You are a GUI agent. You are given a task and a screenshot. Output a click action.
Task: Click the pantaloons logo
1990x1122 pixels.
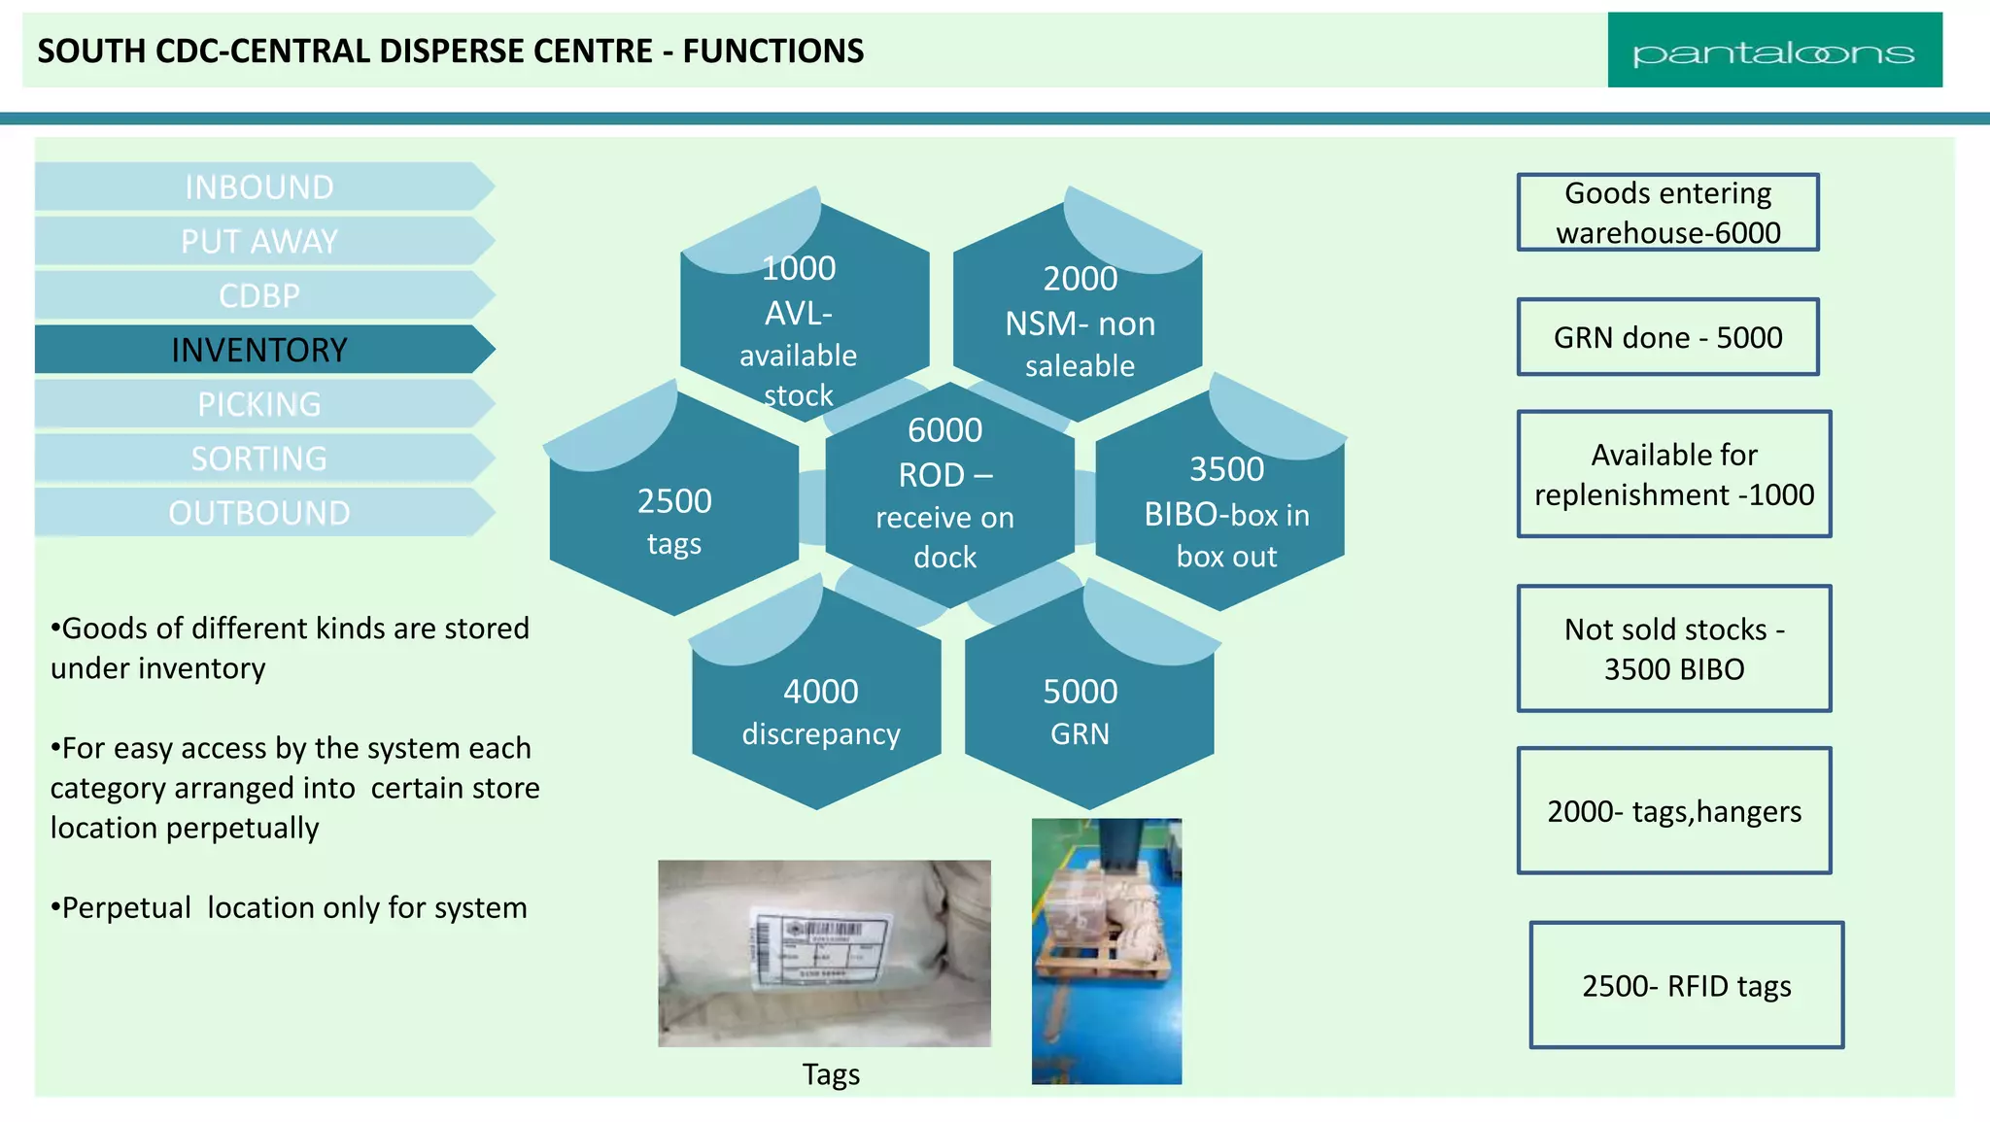tap(1773, 51)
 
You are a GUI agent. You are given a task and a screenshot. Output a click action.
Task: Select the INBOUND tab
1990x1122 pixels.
tap(259, 187)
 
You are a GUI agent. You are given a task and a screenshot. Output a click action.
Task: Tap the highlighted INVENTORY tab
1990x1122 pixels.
tap(259, 350)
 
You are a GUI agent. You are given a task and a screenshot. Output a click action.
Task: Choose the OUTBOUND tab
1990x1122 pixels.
tap(259, 513)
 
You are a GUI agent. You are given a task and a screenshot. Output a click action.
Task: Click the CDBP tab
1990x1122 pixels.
tap(259, 295)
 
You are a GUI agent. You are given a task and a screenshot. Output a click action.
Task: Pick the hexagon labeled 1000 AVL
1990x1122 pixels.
tap(799, 321)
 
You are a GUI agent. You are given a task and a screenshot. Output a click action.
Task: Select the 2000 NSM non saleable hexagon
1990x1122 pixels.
tap(1080, 321)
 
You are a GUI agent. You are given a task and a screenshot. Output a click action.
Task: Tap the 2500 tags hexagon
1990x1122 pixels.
tap(674, 520)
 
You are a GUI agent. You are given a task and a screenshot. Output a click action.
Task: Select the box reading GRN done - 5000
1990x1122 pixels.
tap(1667, 337)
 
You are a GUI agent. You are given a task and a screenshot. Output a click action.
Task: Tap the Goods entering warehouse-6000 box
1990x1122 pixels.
tap(1667, 213)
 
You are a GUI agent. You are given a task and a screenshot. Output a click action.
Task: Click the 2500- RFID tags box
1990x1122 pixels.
tap(1686, 985)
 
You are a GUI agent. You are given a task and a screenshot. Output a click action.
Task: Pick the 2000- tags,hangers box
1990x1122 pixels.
tap(1673, 810)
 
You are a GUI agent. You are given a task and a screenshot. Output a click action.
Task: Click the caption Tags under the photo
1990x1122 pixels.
tap(831, 1074)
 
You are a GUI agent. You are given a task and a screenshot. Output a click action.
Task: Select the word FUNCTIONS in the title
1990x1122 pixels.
tap(772, 51)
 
